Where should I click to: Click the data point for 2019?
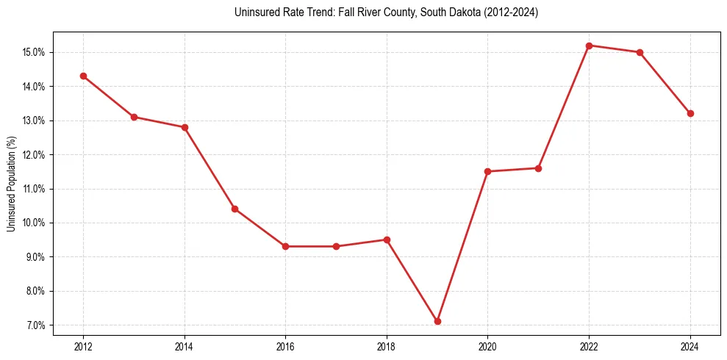pyautogui.click(x=437, y=321)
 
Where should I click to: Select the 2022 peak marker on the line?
pyautogui.click(x=589, y=46)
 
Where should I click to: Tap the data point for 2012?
pyautogui.click(x=83, y=76)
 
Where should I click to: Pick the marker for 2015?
pyautogui.click(x=234, y=209)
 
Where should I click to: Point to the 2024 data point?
pyautogui.click(x=690, y=113)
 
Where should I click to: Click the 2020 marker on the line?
pyautogui.click(x=487, y=171)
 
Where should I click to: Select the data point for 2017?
pyautogui.click(x=336, y=246)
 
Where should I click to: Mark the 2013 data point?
pyautogui.click(x=134, y=117)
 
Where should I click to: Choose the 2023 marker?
pyautogui.click(x=640, y=52)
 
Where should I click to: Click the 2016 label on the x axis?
pyautogui.click(x=285, y=347)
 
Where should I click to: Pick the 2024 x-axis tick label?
pyautogui.click(x=690, y=347)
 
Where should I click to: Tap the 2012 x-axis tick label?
pyautogui.click(x=83, y=347)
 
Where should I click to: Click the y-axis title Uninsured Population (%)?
pyautogui.click(x=11, y=184)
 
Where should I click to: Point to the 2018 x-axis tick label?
pyautogui.click(x=387, y=347)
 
